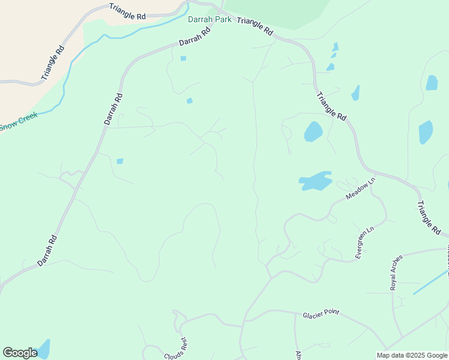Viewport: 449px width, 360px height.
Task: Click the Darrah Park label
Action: (x=209, y=19)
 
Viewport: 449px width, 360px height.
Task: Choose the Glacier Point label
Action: (x=321, y=313)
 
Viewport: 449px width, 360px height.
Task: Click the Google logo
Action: (x=20, y=352)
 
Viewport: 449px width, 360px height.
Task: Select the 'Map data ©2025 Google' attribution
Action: (x=412, y=355)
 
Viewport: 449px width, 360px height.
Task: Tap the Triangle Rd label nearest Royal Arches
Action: (x=429, y=217)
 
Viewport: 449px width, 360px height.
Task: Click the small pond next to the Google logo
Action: (x=43, y=349)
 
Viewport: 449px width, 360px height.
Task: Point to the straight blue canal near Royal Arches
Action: (x=430, y=281)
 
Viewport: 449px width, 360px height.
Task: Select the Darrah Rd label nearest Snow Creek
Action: (x=113, y=109)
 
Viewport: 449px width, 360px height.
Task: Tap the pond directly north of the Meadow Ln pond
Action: (x=313, y=131)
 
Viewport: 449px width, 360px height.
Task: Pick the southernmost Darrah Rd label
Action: (x=47, y=250)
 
